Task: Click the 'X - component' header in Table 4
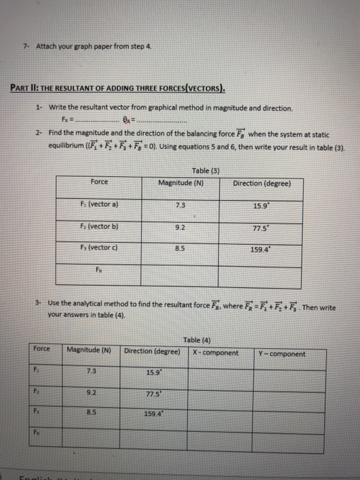point(216,353)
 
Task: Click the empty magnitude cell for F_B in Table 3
point(180,274)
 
